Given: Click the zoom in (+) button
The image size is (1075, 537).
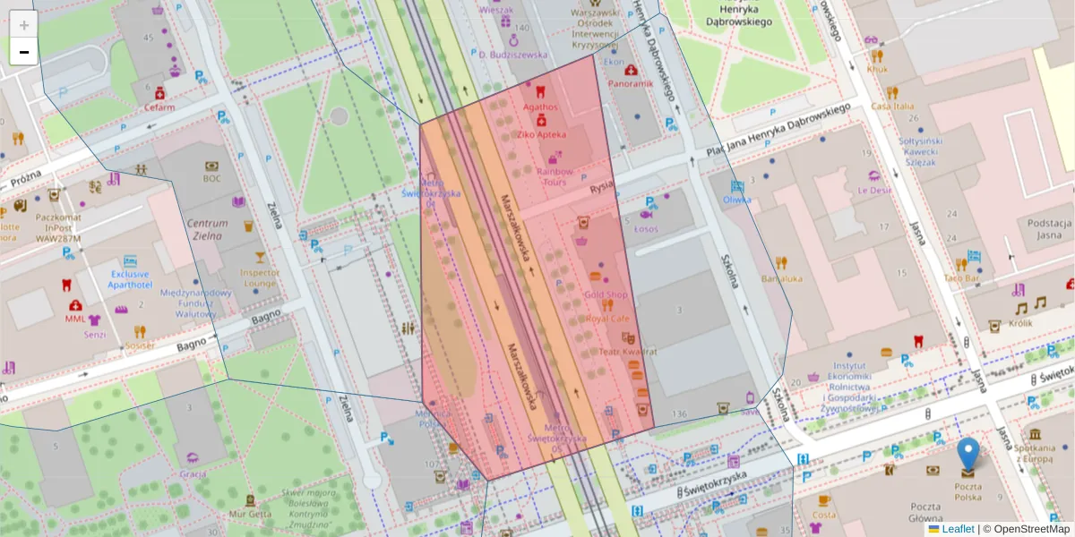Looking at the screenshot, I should (x=24, y=25).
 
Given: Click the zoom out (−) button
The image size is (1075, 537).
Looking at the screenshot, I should (x=24, y=52).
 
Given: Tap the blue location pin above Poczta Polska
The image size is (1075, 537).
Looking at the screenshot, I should (x=967, y=455).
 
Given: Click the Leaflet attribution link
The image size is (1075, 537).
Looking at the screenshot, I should (x=957, y=529).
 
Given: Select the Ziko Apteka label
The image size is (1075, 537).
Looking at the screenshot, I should (x=541, y=134).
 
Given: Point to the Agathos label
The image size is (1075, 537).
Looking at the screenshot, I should (x=540, y=107).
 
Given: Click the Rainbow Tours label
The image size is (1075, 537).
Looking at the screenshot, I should (x=555, y=176).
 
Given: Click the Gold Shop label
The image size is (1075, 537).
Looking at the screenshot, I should (x=606, y=294).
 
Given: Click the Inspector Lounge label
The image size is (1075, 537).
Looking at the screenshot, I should (x=260, y=277).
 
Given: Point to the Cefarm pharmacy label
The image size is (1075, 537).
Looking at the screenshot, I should (x=159, y=107).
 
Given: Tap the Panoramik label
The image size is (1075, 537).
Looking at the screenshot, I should (x=631, y=83).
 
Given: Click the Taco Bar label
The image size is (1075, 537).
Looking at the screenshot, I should (x=964, y=277).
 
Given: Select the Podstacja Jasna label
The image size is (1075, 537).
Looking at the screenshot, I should (x=1050, y=229).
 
